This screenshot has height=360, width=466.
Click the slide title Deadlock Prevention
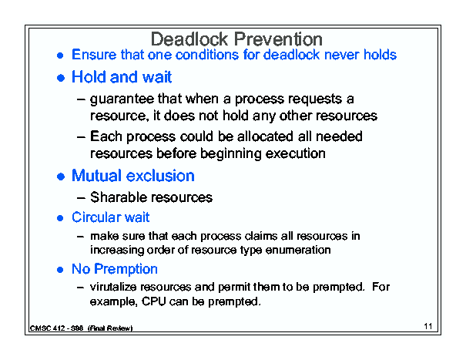[236, 39]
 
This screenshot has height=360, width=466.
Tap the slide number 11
[428, 326]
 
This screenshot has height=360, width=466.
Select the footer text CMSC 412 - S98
[56, 328]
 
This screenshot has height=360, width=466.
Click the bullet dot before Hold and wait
[61, 78]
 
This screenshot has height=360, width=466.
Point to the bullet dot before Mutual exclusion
[61, 177]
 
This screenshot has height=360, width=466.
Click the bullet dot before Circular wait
[60, 218]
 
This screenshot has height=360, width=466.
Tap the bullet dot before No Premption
[60, 270]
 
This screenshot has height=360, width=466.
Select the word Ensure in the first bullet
[94, 55]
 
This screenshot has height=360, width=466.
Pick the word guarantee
[122, 99]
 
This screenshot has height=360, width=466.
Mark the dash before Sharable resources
[81, 198]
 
